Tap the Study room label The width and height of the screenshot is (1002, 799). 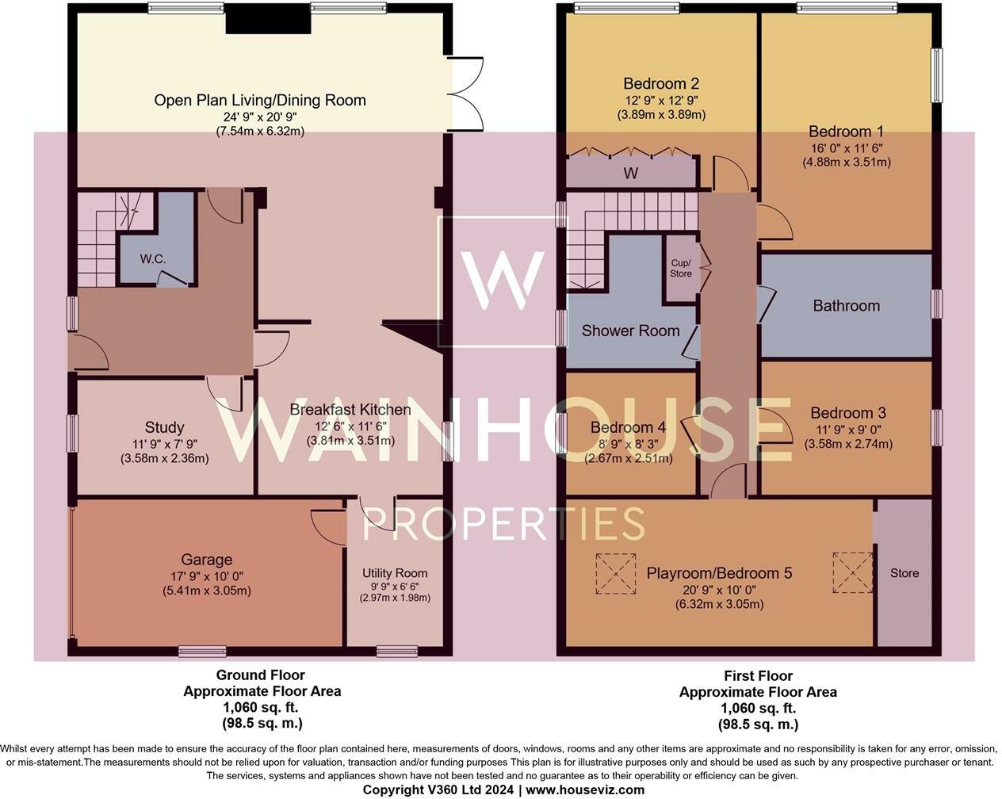[164, 427]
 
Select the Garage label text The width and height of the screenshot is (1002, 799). [207, 560]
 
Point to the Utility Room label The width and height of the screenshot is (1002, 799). [395, 573]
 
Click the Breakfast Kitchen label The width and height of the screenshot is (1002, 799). [350, 410]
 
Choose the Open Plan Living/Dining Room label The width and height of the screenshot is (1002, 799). [260, 100]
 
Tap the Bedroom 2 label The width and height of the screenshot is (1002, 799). [660, 83]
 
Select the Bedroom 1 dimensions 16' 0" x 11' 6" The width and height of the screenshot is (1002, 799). [846, 147]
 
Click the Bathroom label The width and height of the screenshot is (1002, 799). [846, 305]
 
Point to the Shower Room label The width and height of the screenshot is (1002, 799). [630, 331]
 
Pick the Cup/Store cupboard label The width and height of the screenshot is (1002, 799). [680, 268]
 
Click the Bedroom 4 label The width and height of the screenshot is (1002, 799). [628, 428]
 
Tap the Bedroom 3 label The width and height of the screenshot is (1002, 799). [847, 413]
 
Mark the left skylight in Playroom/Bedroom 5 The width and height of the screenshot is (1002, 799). [615, 572]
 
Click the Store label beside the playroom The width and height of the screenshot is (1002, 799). [904, 573]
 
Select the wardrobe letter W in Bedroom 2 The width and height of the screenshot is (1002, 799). [632, 172]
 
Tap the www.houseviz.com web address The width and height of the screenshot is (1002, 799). [585, 790]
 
